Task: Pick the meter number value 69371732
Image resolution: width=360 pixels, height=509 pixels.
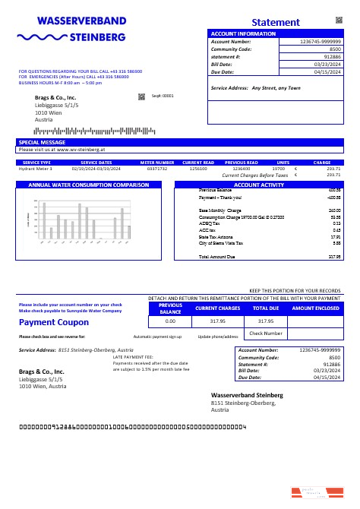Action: click(157, 169)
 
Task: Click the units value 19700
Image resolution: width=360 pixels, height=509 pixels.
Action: click(278, 169)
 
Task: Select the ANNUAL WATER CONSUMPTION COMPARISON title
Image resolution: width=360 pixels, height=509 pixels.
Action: click(88, 185)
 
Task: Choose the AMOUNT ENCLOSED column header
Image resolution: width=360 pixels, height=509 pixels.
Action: click(315, 308)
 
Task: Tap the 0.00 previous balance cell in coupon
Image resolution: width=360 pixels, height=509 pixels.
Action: click(170, 321)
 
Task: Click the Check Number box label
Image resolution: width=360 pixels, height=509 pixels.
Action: click(266, 333)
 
